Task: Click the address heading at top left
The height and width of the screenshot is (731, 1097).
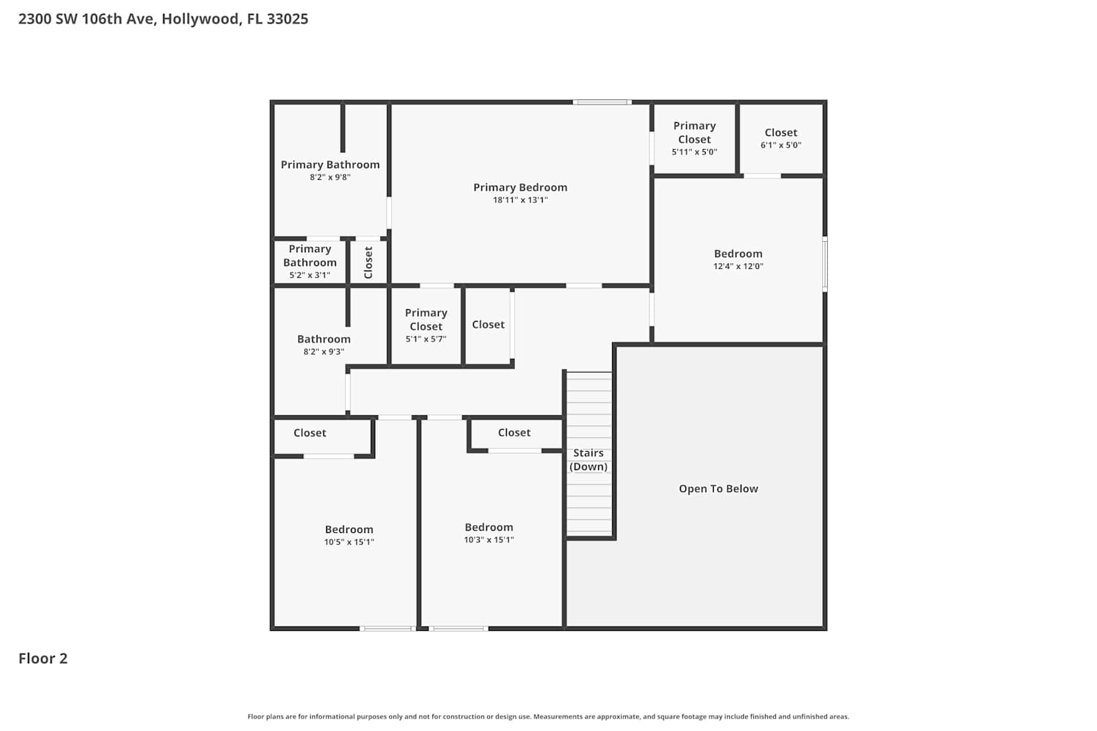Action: (x=163, y=19)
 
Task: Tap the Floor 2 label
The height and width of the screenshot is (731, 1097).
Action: (x=43, y=658)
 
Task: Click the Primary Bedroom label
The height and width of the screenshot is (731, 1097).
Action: (x=520, y=188)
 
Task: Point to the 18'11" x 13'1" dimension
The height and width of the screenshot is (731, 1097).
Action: (x=520, y=200)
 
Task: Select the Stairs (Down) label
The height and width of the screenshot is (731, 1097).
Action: (x=588, y=460)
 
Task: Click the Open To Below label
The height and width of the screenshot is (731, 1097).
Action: (x=718, y=488)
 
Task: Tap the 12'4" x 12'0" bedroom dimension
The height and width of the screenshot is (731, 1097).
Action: (x=738, y=266)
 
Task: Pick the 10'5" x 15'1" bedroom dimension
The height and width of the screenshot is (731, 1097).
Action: (x=349, y=542)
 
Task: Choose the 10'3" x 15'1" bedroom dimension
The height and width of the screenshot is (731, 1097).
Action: (x=489, y=540)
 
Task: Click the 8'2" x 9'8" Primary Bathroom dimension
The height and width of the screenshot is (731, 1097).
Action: (x=330, y=177)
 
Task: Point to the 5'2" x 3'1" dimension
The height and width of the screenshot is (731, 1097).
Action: (x=309, y=275)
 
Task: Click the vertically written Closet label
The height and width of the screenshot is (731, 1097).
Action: (x=369, y=262)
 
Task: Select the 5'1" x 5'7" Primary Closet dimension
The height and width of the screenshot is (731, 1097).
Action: (x=426, y=338)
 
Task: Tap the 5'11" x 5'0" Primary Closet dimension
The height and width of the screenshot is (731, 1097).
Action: (x=695, y=152)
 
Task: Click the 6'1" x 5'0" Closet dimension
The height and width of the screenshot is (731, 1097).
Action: (x=780, y=145)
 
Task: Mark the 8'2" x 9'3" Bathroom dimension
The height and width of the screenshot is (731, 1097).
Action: (x=324, y=352)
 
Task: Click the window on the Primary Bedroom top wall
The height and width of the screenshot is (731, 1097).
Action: (x=602, y=102)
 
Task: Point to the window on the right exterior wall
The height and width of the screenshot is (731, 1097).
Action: (x=825, y=265)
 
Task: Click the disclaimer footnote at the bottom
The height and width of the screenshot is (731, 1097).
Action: (x=548, y=716)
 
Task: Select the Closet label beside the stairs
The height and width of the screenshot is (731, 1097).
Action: (x=514, y=432)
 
